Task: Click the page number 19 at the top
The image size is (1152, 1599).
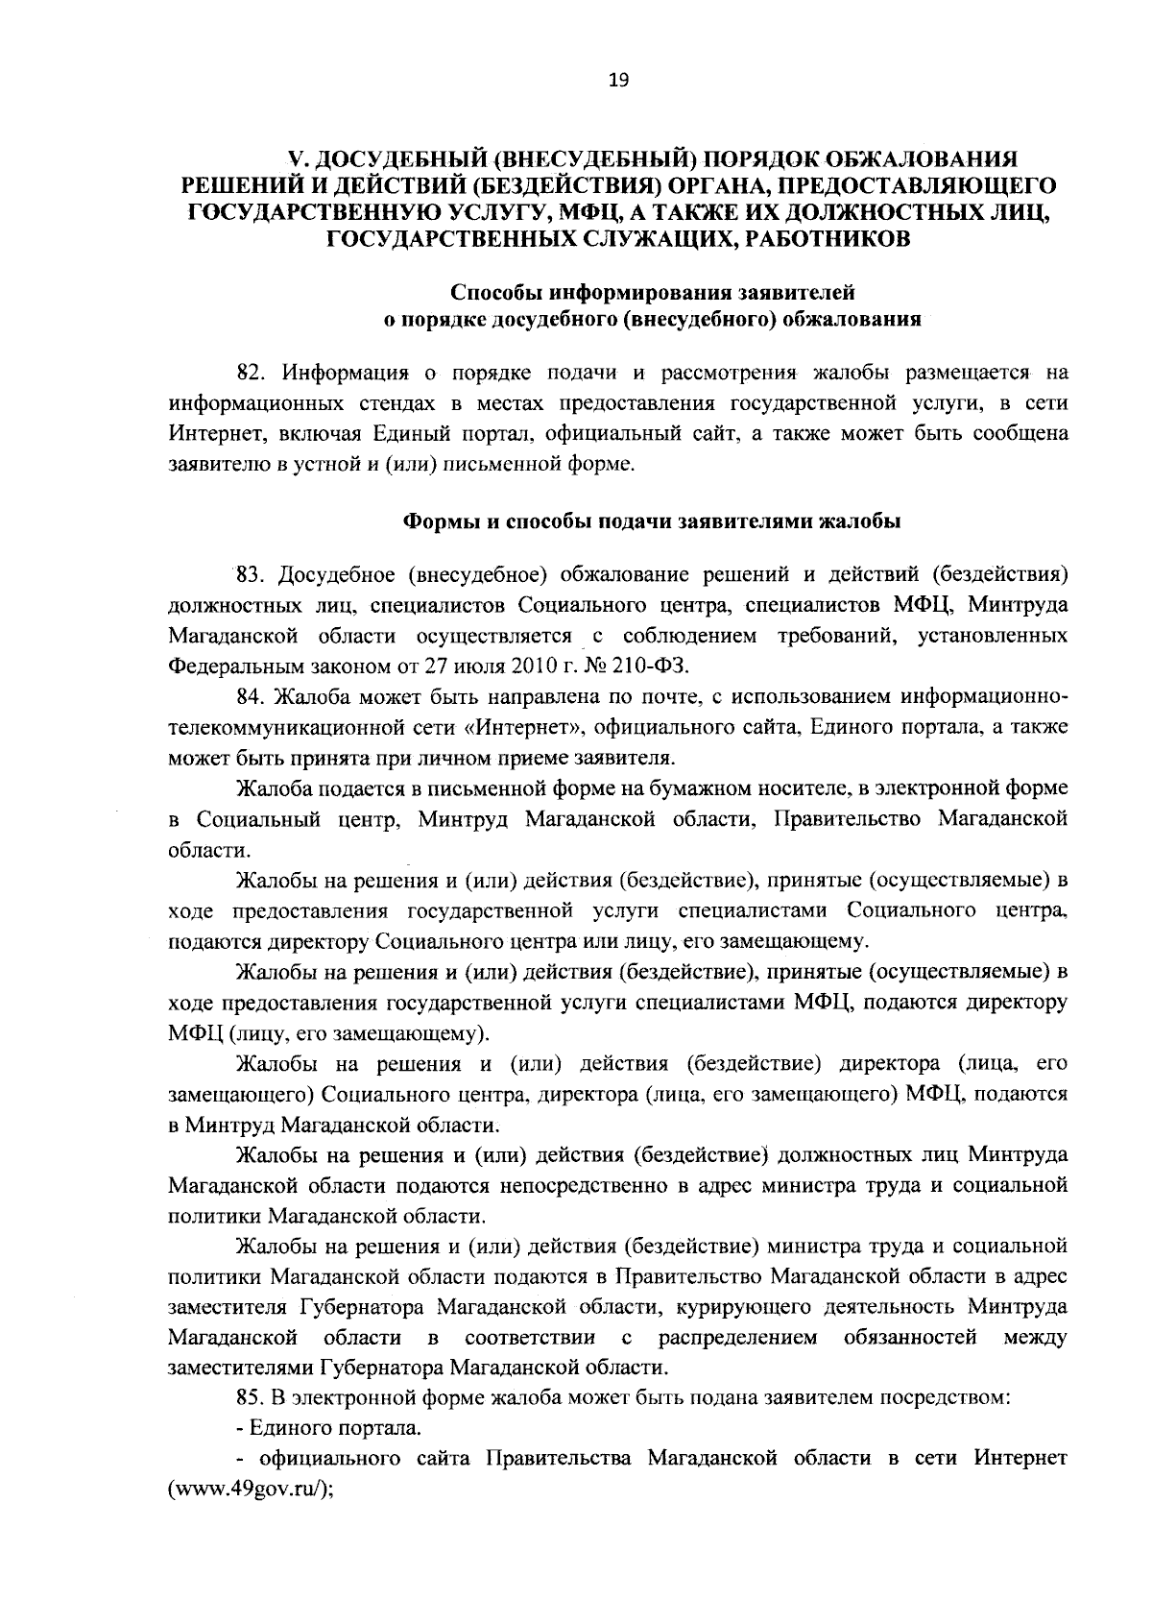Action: tap(617, 82)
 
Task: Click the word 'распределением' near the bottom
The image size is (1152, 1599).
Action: tap(738, 1338)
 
